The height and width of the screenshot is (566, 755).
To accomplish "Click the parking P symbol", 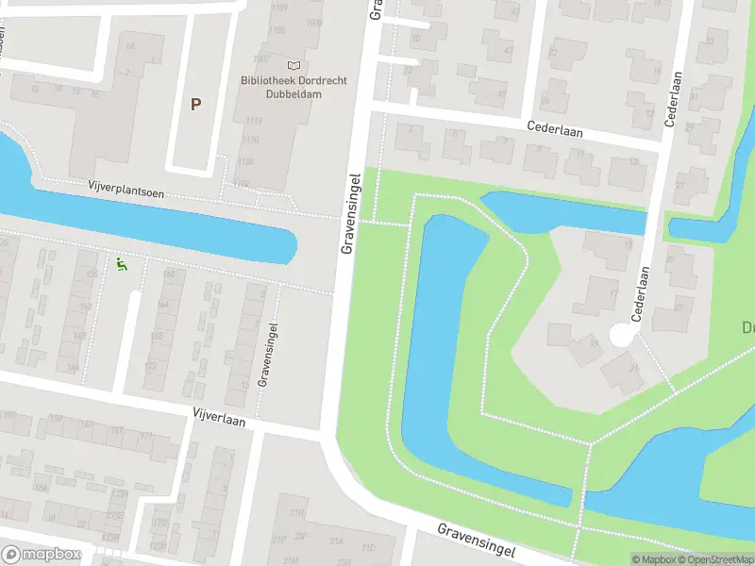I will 195,105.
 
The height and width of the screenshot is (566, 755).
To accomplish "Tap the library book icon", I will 294,65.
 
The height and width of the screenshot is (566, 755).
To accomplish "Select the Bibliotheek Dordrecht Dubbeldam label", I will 294,87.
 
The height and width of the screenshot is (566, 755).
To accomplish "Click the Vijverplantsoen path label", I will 126,191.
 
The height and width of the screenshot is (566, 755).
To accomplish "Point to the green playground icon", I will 121,266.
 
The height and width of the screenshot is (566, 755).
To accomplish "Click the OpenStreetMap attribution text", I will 710,559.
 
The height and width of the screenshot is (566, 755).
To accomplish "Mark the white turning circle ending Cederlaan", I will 621,334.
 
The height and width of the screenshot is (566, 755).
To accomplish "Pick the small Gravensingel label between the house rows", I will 267,355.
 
